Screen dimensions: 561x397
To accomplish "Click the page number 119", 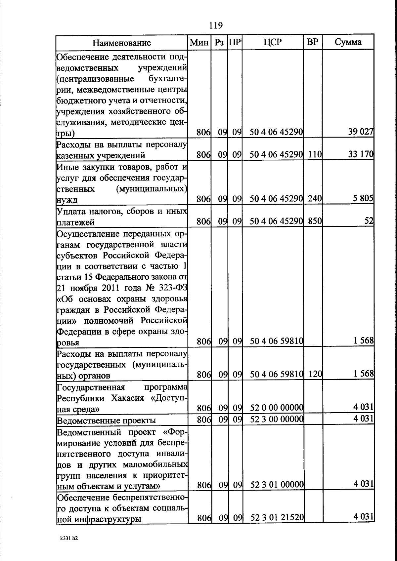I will pos(216,25).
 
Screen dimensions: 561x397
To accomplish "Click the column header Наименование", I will pos(121,43).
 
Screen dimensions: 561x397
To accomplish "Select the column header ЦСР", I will pos(273,42).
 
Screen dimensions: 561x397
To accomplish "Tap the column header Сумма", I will pos(348,42).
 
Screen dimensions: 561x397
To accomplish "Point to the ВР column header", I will pos(313,42).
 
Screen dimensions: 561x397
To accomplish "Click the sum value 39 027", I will pos(361,132).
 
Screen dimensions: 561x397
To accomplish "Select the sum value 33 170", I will pos(361,154).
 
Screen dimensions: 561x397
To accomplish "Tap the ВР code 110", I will pos(315,154).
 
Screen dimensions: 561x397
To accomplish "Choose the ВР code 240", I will pos(315,199).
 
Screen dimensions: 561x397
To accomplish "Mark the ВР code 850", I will pos(315,221).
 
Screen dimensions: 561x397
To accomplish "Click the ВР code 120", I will pos(315,374).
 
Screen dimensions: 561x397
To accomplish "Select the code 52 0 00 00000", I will pos(277,408).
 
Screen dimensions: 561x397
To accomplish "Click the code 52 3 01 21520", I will pos(277,517).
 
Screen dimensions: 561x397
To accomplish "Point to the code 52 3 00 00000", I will pos(277,419).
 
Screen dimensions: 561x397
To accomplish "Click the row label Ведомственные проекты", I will pos(106,421).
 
